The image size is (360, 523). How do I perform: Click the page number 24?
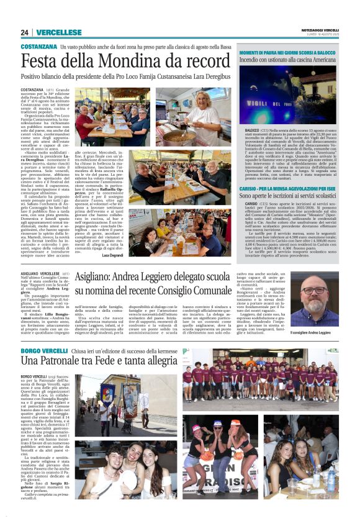(24, 32)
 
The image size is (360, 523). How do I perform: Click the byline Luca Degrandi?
(112, 255)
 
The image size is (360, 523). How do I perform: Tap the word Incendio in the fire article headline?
(273, 63)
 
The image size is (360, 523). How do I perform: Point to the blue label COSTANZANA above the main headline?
(38, 47)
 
